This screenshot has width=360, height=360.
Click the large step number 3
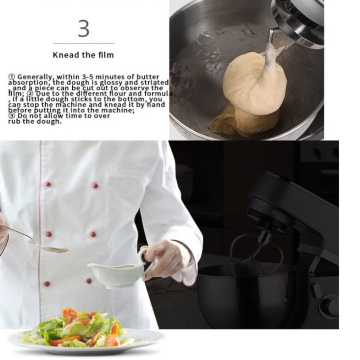point(84,29)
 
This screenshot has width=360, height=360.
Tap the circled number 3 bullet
point(12,116)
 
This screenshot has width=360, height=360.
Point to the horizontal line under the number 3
point(84,43)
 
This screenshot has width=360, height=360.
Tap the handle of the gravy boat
point(145,262)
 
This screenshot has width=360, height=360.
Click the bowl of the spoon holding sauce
point(54,248)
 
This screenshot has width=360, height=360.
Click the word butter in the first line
point(148,77)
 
